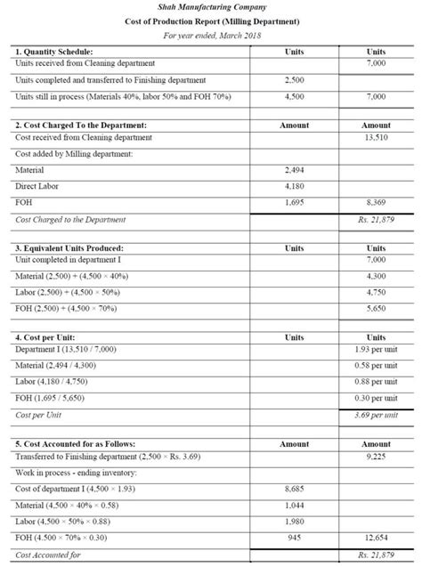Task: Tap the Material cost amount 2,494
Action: click(x=293, y=169)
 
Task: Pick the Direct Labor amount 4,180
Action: click(x=293, y=186)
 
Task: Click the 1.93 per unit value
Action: click(x=375, y=350)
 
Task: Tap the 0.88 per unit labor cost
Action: click(x=375, y=382)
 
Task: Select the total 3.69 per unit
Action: click(x=375, y=415)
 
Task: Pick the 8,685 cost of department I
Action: click(x=293, y=489)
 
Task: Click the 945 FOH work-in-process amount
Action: click(x=293, y=537)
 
